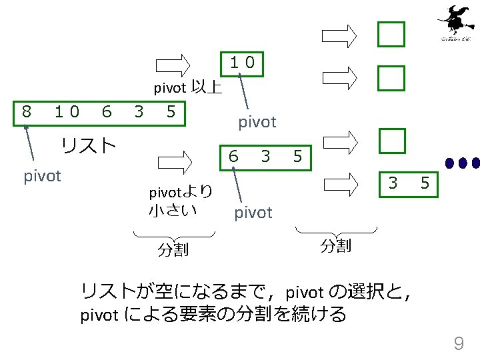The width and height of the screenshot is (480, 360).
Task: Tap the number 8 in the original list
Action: (26, 111)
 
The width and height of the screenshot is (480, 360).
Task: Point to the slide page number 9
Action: (459, 344)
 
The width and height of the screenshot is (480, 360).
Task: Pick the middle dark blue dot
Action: (463, 162)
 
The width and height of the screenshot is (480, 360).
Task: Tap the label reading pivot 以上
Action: (187, 87)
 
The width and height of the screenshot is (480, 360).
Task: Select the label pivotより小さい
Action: (180, 201)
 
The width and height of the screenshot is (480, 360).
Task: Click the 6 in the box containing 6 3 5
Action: (233, 157)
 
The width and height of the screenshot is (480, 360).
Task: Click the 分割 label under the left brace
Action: (173, 250)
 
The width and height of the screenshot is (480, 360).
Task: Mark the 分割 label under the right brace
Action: (335, 246)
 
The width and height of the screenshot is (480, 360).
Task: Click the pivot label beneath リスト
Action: (42, 177)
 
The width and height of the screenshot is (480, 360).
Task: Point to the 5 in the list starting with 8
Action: (171, 111)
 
